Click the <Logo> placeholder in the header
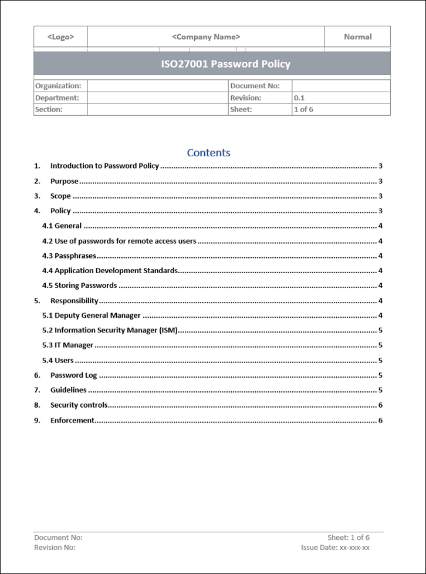pyautogui.click(x=60, y=37)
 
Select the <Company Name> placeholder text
pyautogui.click(x=206, y=37)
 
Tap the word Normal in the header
pyautogui.click(x=357, y=37)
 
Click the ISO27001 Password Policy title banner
pyautogui.click(x=226, y=64)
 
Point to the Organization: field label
pyautogui.click(x=58, y=86)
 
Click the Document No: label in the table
pyautogui.click(x=255, y=86)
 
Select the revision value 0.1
pyautogui.click(x=299, y=98)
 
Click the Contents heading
pyautogui.click(x=208, y=153)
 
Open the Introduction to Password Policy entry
pyautogui.click(x=104, y=166)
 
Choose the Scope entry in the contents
pyautogui.click(x=60, y=196)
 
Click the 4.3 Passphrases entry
pyautogui.click(x=69, y=256)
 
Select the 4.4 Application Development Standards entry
pyautogui.click(x=110, y=271)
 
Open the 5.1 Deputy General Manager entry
pyautogui.click(x=92, y=315)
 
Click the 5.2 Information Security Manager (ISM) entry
pyautogui.click(x=110, y=331)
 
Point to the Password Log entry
pyautogui.click(x=74, y=375)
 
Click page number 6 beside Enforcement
pyautogui.click(x=380, y=421)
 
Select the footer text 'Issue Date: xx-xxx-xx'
pyautogui.click(x=335, y=548)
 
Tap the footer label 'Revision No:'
pyautogui.click(x=55, y=548)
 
